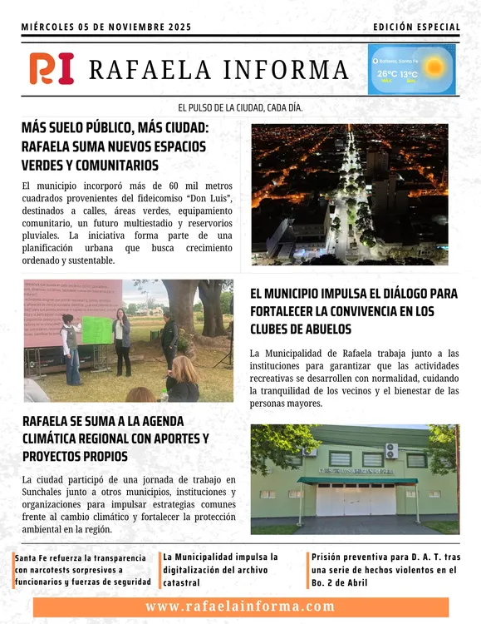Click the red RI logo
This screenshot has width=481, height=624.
coord(52,68)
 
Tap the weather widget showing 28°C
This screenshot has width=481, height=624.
coord(411,69)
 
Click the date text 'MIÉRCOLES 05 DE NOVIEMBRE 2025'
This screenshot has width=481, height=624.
coord(106,27)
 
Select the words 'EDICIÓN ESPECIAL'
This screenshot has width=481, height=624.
coord(416,27)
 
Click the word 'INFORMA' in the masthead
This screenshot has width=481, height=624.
coord(280,69)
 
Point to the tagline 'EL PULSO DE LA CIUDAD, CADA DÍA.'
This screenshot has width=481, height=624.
coord(240,108)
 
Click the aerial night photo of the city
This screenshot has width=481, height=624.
coord(349,194)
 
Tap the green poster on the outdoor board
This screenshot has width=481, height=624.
coord(96,329)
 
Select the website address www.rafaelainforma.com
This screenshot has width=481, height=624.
coord(240,607)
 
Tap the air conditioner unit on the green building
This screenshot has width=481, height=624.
coord(390,450)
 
